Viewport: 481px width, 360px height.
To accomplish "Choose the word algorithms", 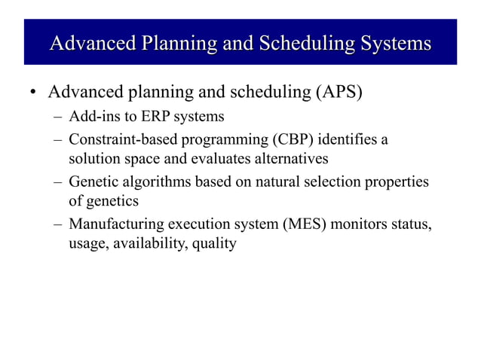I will (155, 182).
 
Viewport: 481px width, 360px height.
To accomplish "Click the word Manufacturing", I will (115, 224).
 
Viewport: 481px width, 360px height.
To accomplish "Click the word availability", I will (148, 243).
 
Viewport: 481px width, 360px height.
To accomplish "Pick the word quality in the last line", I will (213, 243).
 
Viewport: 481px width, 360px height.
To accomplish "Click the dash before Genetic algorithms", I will (58, 182).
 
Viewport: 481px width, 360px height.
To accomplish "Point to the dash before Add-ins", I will (58, 117).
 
